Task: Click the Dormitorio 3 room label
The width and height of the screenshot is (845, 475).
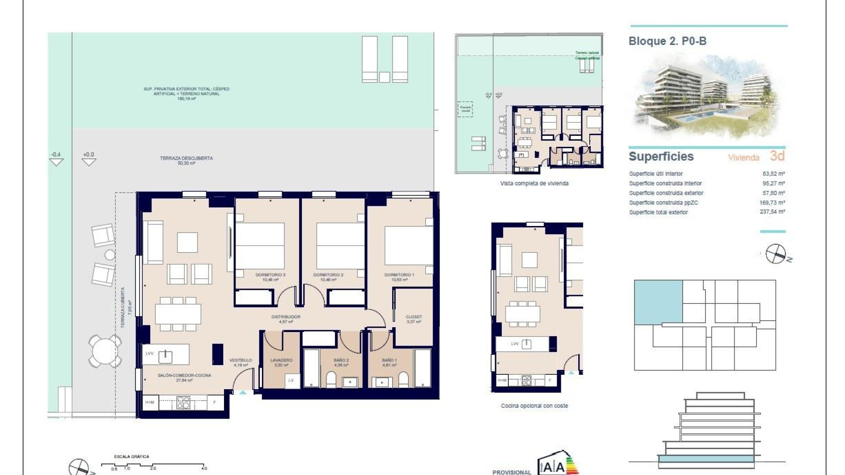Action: click(x=270, y=275)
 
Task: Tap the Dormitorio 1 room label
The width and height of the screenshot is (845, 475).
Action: click(x=399, y=275)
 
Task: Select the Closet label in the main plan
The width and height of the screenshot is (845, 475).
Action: click(x=414, y=317)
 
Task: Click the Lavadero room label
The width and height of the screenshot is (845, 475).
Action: click(x=281, y=360)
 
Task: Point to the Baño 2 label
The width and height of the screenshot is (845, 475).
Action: click(x=341, y=360)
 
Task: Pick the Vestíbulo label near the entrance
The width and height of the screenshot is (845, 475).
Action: click(x=241, y=360)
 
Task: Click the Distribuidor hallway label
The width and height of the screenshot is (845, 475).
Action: click(x=286, y=317)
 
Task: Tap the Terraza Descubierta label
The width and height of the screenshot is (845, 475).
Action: click(x=186, y=158)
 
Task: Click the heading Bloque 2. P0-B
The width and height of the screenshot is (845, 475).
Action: click(x=667, y=41)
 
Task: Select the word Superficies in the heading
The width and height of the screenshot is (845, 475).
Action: click(x=661, y=157)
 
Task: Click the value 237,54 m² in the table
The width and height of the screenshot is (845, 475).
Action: click(x=772, y=212)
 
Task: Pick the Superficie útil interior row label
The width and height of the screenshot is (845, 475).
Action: click(x=656, y=174)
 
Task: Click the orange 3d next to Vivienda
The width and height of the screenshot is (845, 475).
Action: click(x=777, y=156)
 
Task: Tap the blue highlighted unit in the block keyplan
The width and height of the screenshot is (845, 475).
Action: click(x=658, y=301)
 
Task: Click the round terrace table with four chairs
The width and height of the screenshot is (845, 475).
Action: click(x=105, y=351)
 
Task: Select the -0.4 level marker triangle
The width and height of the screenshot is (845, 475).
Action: click(x=56, y=162)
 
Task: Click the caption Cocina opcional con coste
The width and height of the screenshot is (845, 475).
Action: click(x=534, y=406)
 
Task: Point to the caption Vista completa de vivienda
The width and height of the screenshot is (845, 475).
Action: click(x=534, y=183)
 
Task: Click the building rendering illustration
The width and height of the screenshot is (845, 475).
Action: click(x=706, y=97)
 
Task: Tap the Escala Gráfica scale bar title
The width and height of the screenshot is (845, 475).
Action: click(x=131, y=457)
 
